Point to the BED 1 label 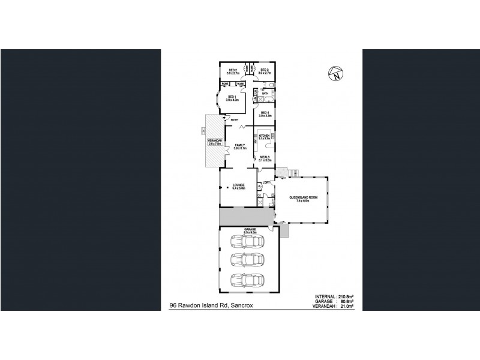[233, 98]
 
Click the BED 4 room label [265, 113]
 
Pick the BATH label [265, 93]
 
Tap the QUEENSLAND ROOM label [300, 197]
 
